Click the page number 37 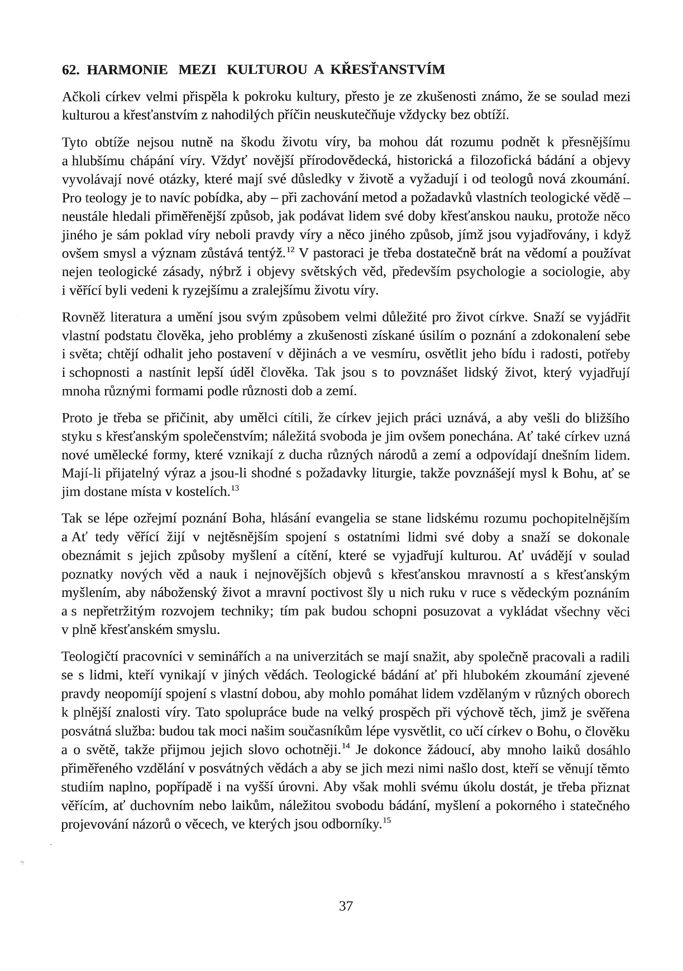(346, 906)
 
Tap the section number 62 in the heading (69, 70)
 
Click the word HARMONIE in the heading (128, 70)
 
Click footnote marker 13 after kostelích (235, 489)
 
